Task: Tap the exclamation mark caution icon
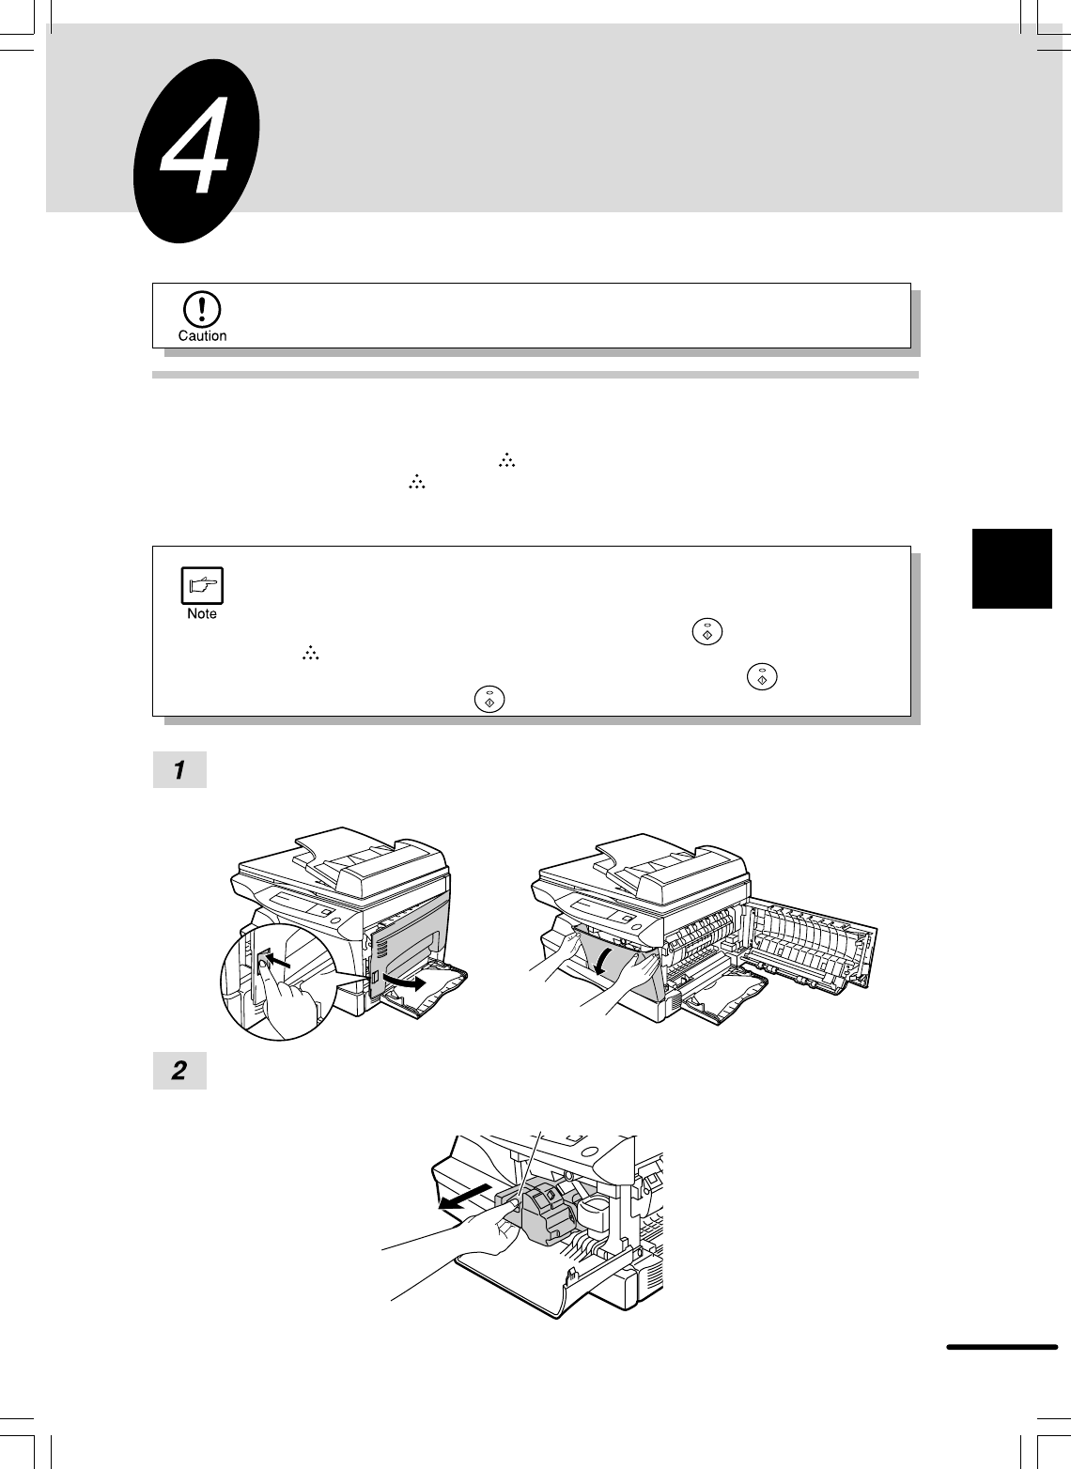click(x=202, y=310)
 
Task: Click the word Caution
click(x=203, y=335)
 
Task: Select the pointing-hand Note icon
click(x=202, y=586)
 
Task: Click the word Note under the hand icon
click(x=202, y=614)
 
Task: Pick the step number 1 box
click(x=179, y=769)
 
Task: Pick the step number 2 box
click(x=179, y=1071)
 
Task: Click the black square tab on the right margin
click(x=1012, y=568)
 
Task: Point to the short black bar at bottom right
click(x=1002, y=1347)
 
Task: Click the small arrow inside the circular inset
click(x=280, y=961)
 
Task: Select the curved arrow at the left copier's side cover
click(x=404, y=982)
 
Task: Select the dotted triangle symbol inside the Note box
click(x=311, y=653)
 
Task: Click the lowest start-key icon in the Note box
click(x=489, y=699)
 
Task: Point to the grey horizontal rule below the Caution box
click(x=535, y=375)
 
